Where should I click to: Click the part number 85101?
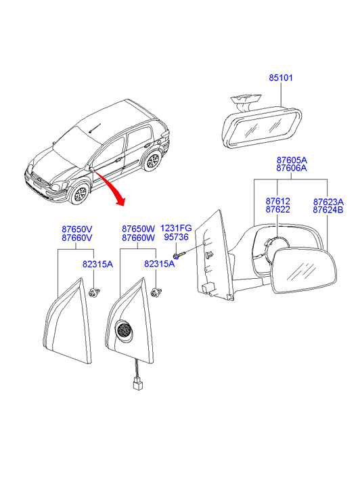(281, 78)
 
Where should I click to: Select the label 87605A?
(292, 160)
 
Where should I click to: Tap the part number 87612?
(277, 201)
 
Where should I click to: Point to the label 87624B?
(328, 210)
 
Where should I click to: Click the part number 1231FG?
(176, 228)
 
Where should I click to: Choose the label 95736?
(176, 237)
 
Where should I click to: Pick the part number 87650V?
(77, 229)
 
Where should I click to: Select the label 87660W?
(139, 238)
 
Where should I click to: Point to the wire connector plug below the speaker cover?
(136, 384)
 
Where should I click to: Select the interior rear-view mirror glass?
(261, 129)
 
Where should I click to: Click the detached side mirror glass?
(304, 270)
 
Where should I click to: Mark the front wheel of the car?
(79, 194)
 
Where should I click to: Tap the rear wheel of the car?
(153, 160)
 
